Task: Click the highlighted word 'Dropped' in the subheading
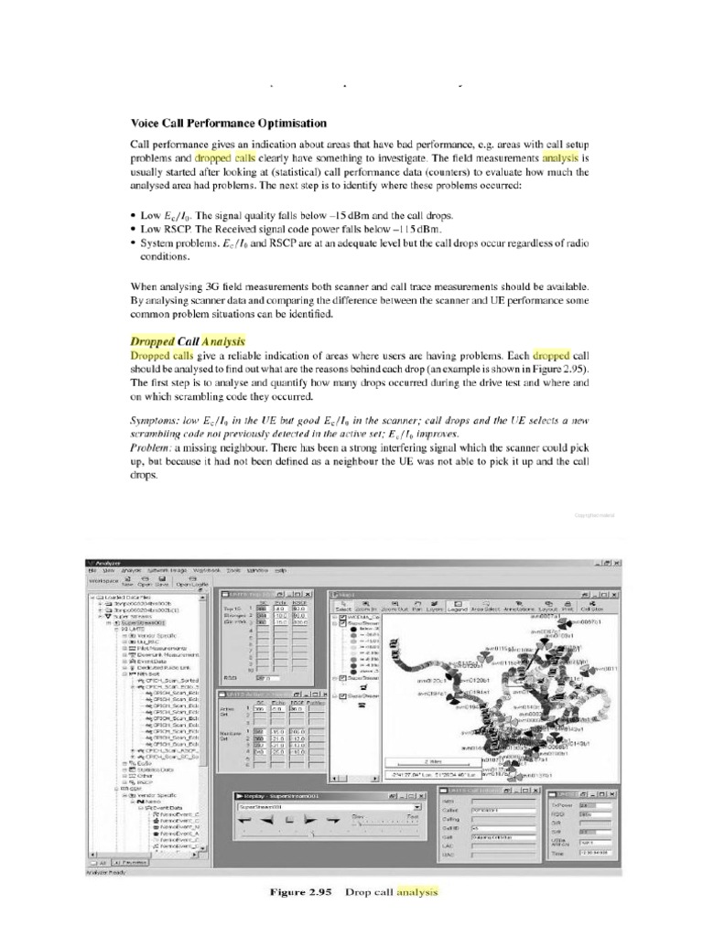(x=153, y=340)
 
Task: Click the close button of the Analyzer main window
(x=616, y=561)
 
